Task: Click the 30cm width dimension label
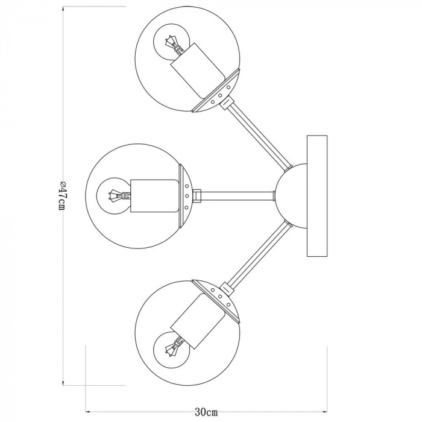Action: click(x=206, y=412)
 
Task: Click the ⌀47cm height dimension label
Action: click(x=60, y=194)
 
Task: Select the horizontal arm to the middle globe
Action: click(x=235, y=195)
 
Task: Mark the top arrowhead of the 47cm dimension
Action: click(x=65, y=10)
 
